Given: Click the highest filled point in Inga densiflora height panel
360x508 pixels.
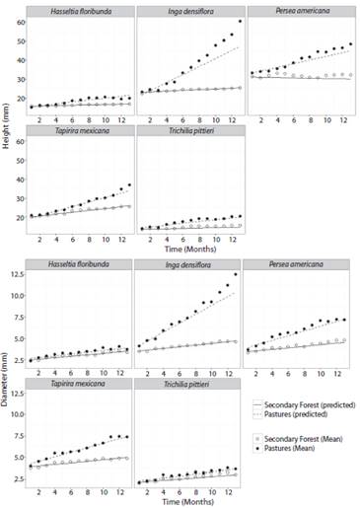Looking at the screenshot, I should (239, 21).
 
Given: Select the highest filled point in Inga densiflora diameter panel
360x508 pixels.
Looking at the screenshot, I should (239, 274).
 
